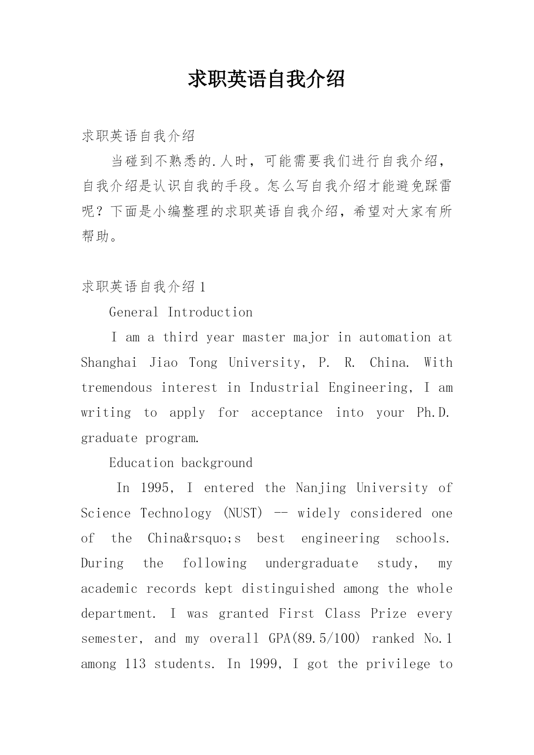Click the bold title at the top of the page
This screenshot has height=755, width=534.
point(266,79)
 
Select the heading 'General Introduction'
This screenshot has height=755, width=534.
point(181,312)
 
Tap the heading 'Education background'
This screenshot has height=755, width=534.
point(181,463)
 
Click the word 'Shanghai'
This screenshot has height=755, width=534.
point(109,362)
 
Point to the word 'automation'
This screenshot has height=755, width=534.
point(395,337)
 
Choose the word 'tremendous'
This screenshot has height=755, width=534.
point(117,387)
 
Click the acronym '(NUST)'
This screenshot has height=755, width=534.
point(243,513)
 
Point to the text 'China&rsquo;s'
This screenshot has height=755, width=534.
point(194,538)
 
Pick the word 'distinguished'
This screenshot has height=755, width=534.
point(288,588)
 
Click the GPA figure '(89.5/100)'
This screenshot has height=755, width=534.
point(314,638)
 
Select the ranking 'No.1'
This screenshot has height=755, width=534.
point(438,638)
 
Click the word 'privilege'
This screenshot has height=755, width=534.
point(398,664)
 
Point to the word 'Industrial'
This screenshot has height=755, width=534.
point(284,387)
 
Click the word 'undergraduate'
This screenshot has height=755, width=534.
point(312,563)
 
